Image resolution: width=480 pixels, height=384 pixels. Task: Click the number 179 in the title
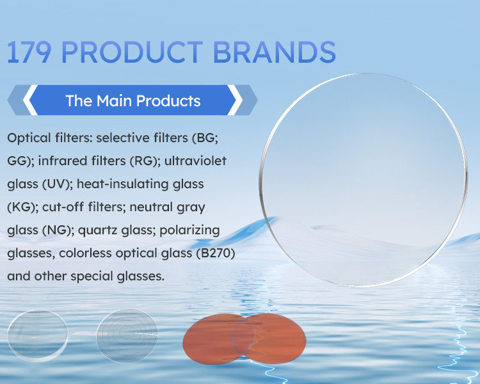click(29, 52)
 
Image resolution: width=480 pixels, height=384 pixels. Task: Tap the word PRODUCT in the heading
click(132, 52)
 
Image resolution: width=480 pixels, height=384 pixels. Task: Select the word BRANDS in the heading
click(275, 52)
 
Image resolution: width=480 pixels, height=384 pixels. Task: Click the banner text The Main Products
click(133, 100)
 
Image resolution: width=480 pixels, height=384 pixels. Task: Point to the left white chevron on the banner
click(30, 100)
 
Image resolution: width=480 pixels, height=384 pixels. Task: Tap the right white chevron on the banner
click(235, 100)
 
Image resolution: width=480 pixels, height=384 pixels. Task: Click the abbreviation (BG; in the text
click(205, 138)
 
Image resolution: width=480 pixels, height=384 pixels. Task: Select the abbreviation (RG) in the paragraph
click(143, 161)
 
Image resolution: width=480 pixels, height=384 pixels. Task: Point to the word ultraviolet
click(195, 161)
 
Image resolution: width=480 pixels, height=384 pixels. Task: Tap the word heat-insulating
click(122, 184)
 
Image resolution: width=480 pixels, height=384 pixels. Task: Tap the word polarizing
click(190, 230)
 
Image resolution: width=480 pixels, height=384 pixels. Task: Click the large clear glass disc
click(364, 180)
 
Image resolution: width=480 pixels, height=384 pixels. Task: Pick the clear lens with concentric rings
click(127, 335)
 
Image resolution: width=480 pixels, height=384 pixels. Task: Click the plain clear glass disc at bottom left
click(38, 336)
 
